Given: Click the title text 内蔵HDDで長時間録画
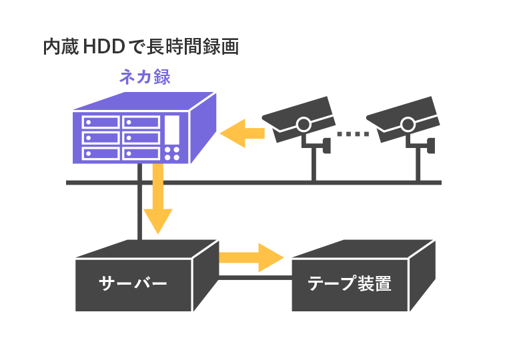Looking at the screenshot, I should (x=140, y=47).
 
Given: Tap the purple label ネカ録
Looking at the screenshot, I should (x=145, y=77).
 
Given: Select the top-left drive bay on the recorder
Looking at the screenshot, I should (x=101, y=122).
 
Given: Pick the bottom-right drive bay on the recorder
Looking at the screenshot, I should (x=141, y=153).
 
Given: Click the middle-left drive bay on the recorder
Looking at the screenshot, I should (x=101, y=137).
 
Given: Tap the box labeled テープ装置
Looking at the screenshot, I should (x=350, y=285).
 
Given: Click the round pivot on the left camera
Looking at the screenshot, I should (x=304, y=123).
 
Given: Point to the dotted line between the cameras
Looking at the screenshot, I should (x=353, y=134).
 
